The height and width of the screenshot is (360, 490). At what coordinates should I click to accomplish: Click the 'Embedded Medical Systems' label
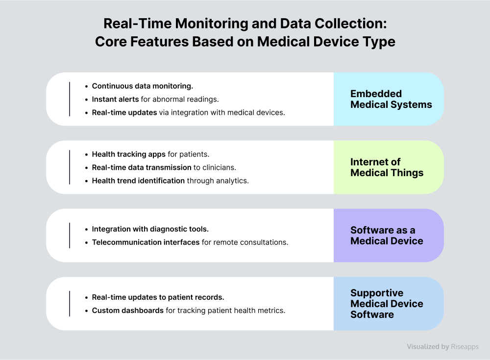[391, 99]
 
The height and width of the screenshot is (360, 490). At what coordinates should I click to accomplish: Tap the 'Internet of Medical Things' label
[387, 167]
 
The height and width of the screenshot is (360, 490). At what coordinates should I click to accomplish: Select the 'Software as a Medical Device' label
[387, 235]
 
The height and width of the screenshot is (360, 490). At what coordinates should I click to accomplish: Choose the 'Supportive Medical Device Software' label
[387, 304]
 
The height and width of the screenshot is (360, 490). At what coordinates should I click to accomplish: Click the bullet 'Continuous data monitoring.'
[143, 86]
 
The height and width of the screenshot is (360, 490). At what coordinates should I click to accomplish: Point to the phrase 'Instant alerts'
[115, 99]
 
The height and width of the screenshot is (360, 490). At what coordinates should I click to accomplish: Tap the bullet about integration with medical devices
[189, 113]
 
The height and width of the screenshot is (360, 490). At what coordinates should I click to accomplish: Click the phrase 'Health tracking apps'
[129, 154]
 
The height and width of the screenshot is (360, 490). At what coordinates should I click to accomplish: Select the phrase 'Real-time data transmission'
[142, 167]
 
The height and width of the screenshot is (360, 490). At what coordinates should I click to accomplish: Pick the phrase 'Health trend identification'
[139, 181]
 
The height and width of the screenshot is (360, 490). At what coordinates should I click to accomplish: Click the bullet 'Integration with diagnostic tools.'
[150, 229]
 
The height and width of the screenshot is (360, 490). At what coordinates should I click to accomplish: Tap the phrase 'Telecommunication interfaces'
[146, 242]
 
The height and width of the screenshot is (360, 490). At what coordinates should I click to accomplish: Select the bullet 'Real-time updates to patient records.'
[158, 297]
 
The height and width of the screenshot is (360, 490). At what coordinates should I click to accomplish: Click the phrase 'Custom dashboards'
[128, 310]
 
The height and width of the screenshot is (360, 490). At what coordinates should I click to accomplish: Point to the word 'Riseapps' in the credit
[465, 347]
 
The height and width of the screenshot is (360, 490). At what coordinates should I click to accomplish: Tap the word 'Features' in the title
[159, 42]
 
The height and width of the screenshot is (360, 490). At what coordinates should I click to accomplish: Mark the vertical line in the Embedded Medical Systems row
[70, 99]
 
